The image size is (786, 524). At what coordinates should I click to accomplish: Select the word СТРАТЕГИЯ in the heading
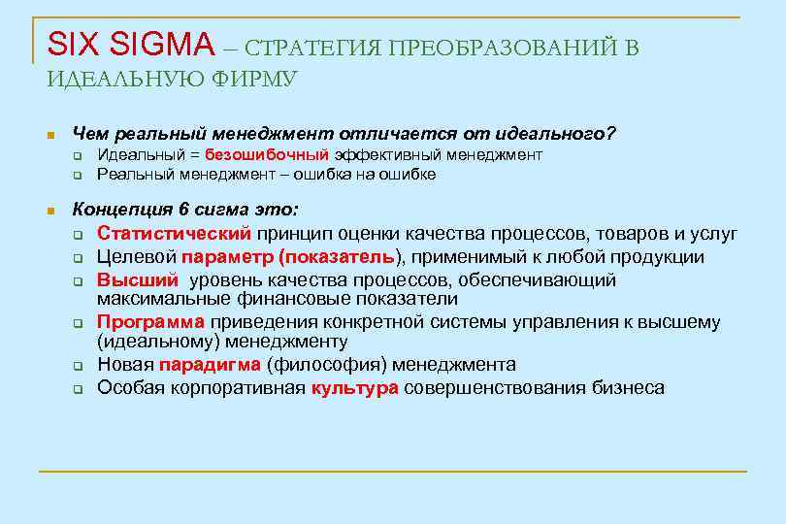310,49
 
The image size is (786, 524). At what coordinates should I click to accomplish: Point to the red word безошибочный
268,155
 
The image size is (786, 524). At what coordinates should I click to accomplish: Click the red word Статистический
175,234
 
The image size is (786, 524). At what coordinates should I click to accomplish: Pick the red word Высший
138,280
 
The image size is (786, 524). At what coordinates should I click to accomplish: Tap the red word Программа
150,322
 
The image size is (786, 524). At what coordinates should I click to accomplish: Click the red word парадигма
211,365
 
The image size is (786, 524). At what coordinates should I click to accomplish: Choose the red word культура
355,388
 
